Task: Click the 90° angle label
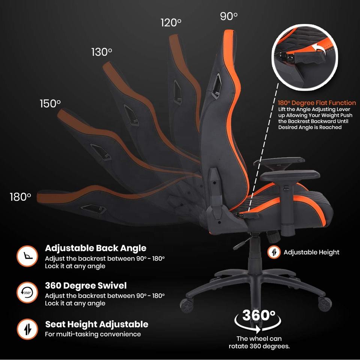[x=228, y=16]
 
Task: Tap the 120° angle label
[x=171, y=22]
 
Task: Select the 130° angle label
[x=102, y=52]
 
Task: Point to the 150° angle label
[x=50, y=103]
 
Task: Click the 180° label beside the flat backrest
[x=20, y=197]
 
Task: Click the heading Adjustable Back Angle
[x=96, y=248]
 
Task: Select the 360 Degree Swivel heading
[x=86, y=285]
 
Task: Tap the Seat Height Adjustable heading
[x=97, y=324]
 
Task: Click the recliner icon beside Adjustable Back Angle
[x=27, y=256]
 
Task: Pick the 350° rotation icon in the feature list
[x=27, y=292]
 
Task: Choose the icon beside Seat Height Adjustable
[x=27, y=329]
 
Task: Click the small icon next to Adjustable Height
[x=274, y=252]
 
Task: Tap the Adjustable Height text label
[x=311, y=252]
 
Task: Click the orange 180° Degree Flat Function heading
[x=317, y=102]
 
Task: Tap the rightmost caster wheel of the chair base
[x=325, y=303]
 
